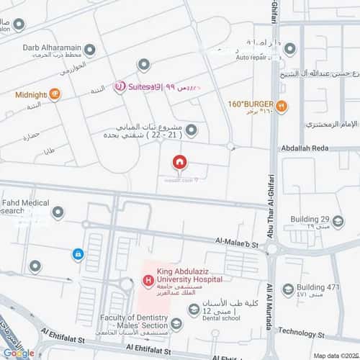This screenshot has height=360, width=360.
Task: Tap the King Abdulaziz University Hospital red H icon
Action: [148, 280]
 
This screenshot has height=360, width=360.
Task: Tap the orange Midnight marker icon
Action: [55, 94]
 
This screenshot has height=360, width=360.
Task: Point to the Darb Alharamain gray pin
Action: [89, 50]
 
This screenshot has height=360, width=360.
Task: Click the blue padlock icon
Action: [76, 253]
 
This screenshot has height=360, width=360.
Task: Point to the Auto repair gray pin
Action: [289, 49]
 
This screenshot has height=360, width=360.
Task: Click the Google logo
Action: [19, 353]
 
